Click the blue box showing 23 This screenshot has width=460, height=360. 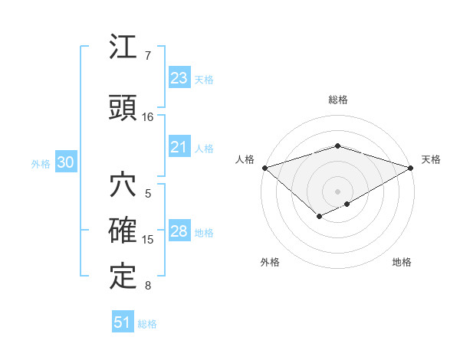[179, 78]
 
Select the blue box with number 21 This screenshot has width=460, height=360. [179, 148]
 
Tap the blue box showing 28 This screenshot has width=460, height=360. [179, 232]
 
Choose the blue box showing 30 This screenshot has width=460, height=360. [65, 162]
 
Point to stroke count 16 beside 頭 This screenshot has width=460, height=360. [148, 117]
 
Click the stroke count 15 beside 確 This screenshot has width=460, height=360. [148, 240]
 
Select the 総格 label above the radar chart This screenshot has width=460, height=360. [337, 100]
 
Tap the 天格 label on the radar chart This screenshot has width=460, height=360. [432, 159]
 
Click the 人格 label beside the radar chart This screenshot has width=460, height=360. [245, 159]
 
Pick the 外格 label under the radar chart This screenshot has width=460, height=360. [269, 263]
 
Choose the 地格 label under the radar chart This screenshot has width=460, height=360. [402, 263]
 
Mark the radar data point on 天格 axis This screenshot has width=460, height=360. [411, 167]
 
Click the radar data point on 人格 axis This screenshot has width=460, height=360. [264, 167]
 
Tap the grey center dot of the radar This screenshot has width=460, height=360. [337, 191]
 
